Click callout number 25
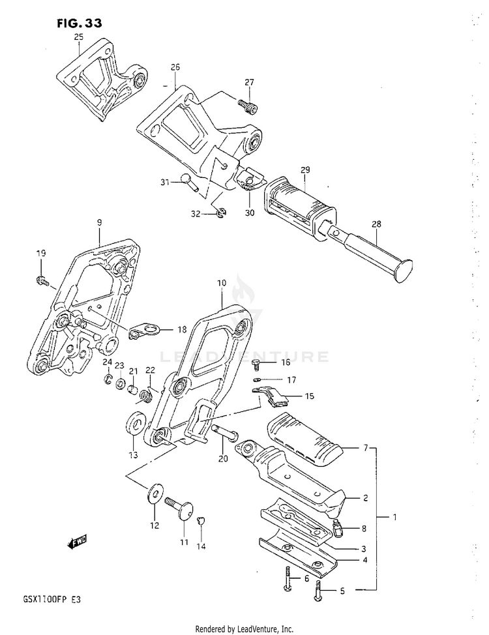[78, 37]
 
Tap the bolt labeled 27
[248, 104]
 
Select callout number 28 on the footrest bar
[377, 224]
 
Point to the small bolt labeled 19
[40, 281]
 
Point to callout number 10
[222, 283]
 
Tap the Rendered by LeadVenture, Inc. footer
[244, 628]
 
